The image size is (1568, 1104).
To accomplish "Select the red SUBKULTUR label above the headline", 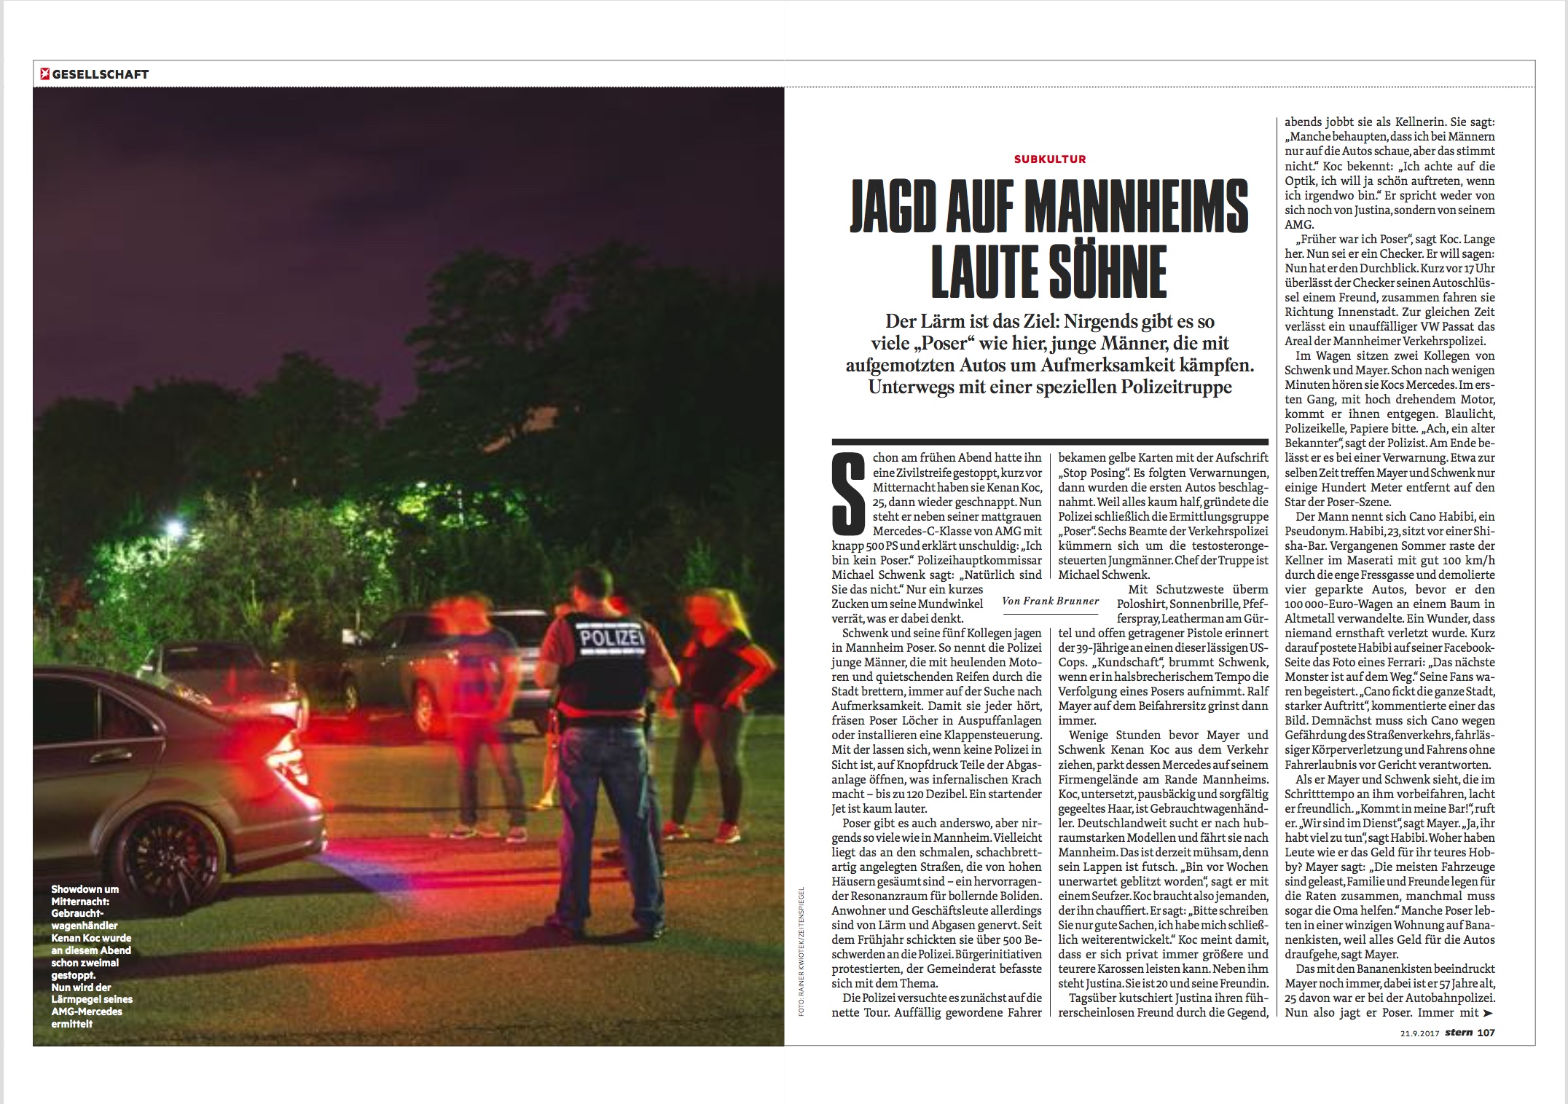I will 1050,159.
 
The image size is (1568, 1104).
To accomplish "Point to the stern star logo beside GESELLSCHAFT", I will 44,74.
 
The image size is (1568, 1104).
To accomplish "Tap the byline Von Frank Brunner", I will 1050,601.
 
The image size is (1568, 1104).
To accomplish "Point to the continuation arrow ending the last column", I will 1487,1013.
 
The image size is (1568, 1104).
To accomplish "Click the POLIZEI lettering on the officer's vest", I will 601,638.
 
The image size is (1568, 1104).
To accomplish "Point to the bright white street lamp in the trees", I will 173,526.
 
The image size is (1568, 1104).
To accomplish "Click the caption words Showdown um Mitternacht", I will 85,896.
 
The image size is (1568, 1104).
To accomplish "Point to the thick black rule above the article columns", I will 1050,441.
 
